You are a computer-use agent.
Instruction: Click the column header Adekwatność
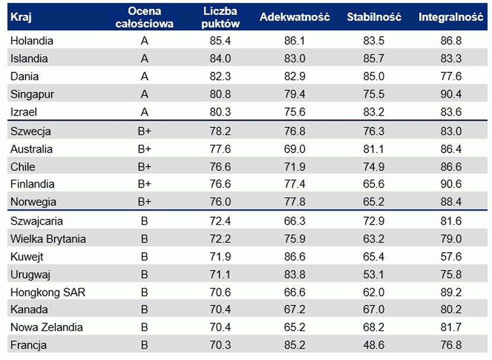pyautogui.click(x=294, y=17)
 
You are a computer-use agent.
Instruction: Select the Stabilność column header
pyautogui.click(x=374, y=17)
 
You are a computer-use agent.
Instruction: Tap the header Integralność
pyautogui.click(x=451, y=17)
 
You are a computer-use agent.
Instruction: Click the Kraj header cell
pyautogui.click(x=21, y=17)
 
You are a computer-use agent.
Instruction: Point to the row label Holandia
pyautogui.click(x=32, y=41)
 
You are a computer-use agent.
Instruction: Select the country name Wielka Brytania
pyautogui.click(x=48, y=239)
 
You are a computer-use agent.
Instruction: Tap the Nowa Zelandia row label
pyautogui.click(x=47, y=327)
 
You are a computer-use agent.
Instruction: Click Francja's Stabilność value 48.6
pyautogui.click(x=374, y=345)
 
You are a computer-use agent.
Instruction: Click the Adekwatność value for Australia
pyautogui.click(x=294, y=149)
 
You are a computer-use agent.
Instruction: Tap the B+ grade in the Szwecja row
pyautogui.click(x=145, y=131)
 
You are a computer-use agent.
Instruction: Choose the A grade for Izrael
pyautogui.click(x=145, y=111)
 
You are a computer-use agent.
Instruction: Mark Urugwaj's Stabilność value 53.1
pyautogui.click(x=374, y=275)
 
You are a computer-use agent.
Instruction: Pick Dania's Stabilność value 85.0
pyautogui.click(x=374, y=77)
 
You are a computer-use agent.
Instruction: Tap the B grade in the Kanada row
pyautogui.click(x=145, y=310)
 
